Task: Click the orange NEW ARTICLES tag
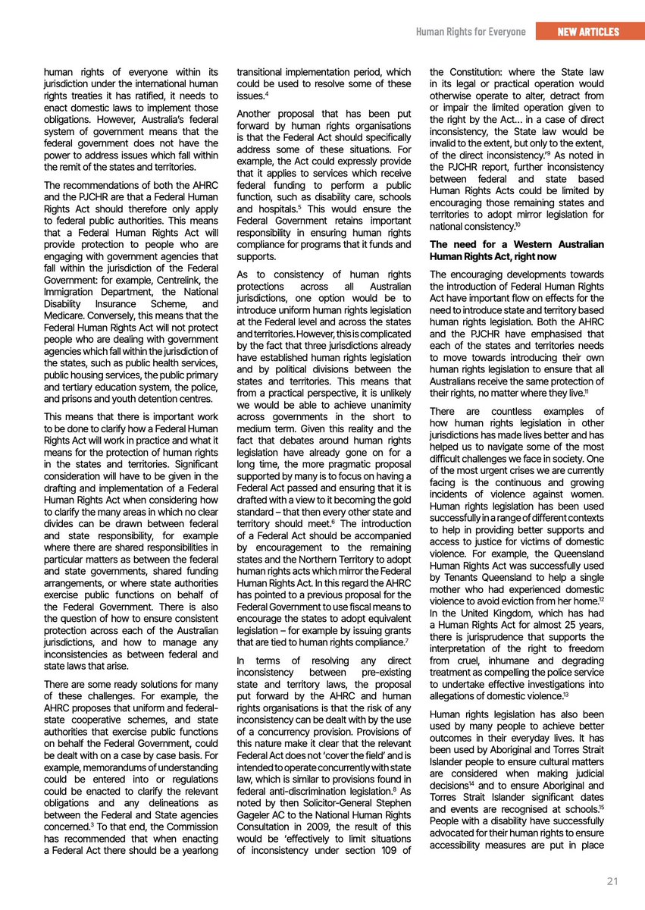click(587, 31)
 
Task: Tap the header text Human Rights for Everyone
click(470, 31)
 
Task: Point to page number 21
click(613, 881)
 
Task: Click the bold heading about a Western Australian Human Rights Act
click(516, 250)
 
